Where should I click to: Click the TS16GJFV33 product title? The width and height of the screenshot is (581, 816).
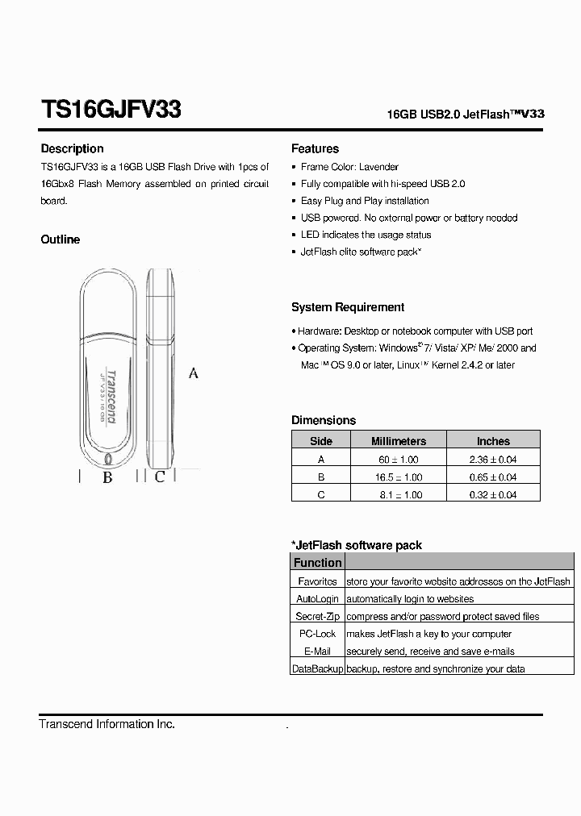[x=111, y=110]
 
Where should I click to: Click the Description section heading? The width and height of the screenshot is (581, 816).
[x=72, y=148]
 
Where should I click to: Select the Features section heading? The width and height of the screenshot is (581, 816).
[x=315, y=148]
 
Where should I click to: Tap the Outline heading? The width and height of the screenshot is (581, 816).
[x=61, y=239]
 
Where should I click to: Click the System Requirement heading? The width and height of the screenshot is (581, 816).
[x=348, y=307]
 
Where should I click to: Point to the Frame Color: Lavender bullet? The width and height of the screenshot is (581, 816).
[x=349, y=167]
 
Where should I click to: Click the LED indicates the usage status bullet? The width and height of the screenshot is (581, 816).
[x=366, y=235]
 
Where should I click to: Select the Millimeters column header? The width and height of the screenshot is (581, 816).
[x=398, y=441]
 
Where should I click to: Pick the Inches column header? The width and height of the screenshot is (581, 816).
[x=493, y=441]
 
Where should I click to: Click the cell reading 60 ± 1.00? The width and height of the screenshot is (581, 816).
[x=398, y=459]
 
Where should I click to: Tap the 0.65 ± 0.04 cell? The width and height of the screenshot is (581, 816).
[x=493, y=477]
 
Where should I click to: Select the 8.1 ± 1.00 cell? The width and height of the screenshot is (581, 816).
[x=398, y=494]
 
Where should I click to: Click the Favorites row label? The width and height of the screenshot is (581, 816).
[x=317, y=581]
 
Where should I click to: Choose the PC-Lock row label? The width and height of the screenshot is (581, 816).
[x=317, y=634]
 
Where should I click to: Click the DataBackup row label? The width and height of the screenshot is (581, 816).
[x=317, y=668]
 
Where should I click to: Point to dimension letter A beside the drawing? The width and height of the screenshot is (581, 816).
[x=194, y=373]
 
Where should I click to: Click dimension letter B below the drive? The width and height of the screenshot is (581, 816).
[x=107, y=477]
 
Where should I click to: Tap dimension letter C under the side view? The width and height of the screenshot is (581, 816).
[x=160, y=477]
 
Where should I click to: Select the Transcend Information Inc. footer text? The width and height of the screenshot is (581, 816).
[x=107, y=724]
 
